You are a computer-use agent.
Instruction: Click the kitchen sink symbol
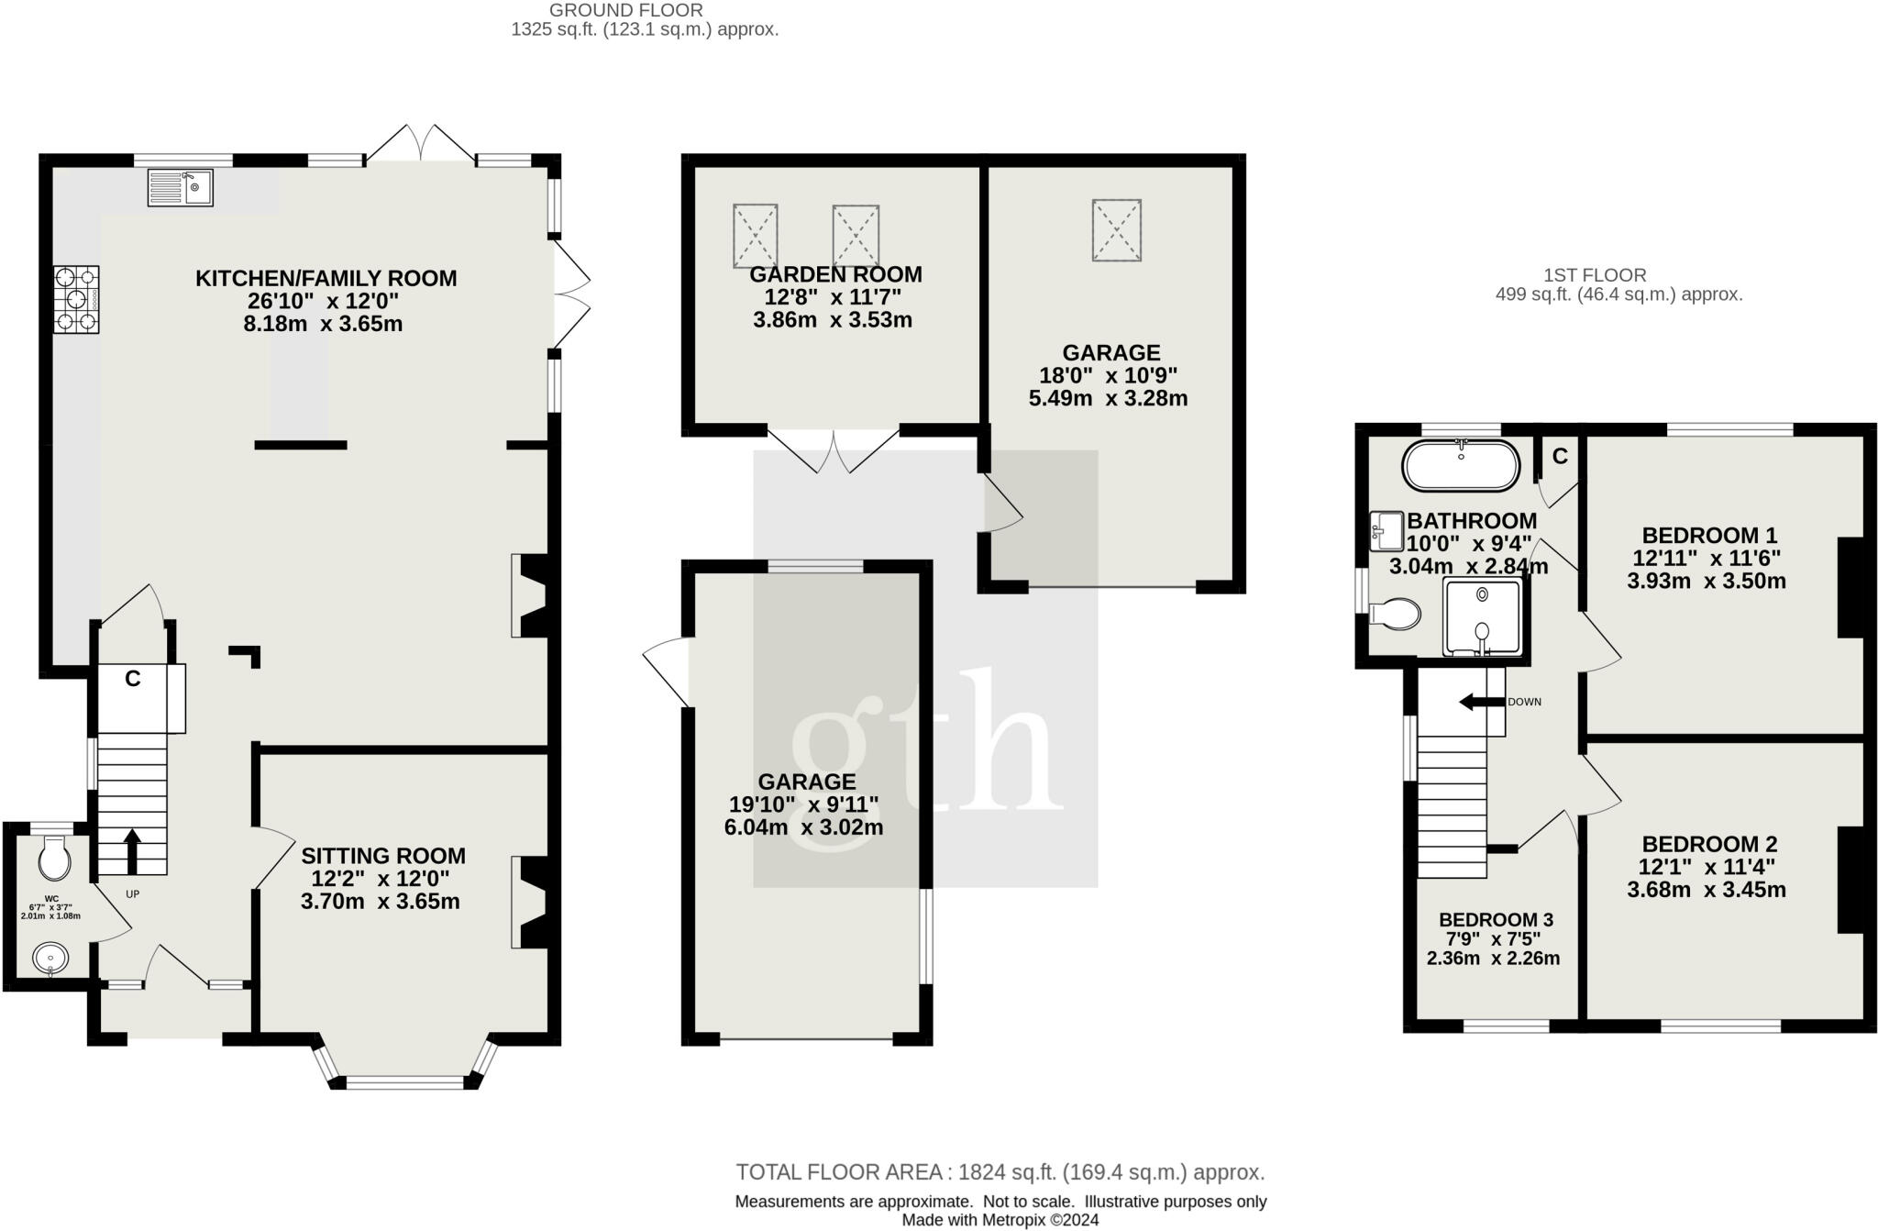(180, 188)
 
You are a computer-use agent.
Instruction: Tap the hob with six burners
(76, 299)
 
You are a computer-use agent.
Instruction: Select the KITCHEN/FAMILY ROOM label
(326, 279)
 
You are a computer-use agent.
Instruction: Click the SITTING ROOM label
(383, 856)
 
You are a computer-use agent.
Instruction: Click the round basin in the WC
(50, 959)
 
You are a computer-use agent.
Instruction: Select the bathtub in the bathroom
(1460, 466)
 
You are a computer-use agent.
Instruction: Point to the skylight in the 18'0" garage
(1116, 230)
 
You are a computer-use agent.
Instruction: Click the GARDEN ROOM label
(835, 274)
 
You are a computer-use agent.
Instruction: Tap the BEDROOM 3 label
(1496, 920)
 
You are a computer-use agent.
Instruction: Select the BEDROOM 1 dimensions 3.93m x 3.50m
(1707, 581)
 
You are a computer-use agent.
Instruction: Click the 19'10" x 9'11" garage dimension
(804, 804)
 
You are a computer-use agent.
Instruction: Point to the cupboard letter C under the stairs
(133, 679)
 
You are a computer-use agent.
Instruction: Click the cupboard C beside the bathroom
(1559, 456)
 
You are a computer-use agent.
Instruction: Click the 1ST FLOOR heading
(1595, 274)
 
